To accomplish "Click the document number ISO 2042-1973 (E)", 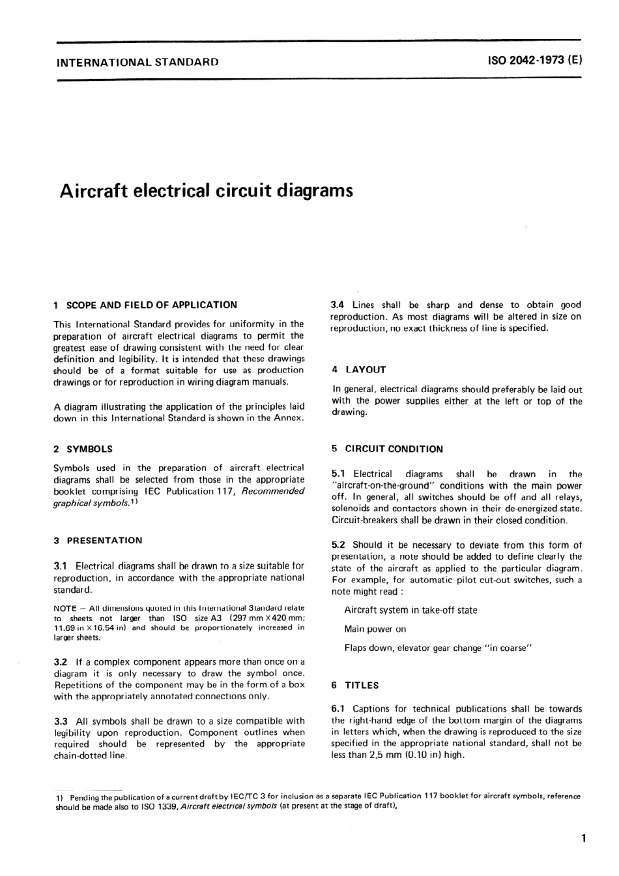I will click(534, 62).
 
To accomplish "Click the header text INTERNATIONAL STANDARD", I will click(138, 63).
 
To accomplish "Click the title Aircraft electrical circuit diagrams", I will click(206, 191).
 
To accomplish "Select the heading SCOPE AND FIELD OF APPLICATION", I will click(152, 305).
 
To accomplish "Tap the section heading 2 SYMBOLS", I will click(83, 449).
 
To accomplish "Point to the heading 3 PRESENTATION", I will click(98, 540).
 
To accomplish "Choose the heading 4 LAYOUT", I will click(359, 369).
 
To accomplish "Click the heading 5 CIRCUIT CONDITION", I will click(387, 449).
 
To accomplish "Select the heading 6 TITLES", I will click(355, 685).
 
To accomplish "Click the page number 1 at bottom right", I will click(583, 839).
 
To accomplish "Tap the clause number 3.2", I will click(61, 661).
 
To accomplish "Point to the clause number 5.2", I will click(339, 545).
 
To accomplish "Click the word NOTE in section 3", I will click(65, 608).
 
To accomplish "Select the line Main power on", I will click(375, 629).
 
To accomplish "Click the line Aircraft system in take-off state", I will click(410, 610).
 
